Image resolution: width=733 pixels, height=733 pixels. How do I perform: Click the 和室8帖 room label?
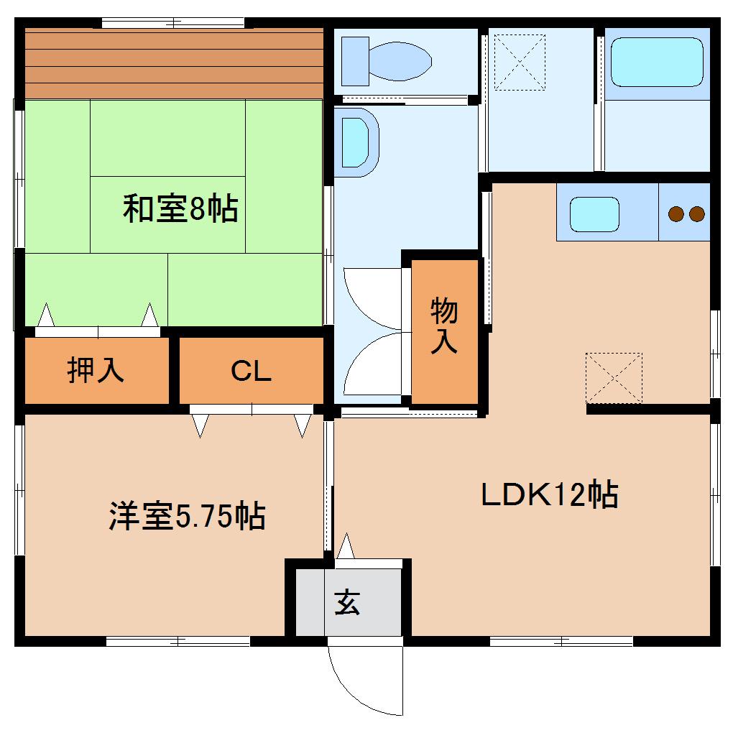180,210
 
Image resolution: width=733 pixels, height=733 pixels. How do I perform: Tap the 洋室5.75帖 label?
187,516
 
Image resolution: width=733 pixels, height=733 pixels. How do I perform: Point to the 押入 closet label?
96,369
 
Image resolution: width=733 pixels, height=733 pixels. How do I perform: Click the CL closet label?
251,371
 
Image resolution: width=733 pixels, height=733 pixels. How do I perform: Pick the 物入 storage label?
444,327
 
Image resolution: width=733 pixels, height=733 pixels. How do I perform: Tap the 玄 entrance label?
348,602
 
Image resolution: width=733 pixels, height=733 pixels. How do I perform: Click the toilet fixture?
388,61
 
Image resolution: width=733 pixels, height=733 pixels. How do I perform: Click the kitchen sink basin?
594,214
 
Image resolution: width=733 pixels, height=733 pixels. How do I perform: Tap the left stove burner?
676,213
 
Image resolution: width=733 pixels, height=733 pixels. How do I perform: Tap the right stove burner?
696,213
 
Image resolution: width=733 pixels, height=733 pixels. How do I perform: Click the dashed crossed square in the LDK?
613,378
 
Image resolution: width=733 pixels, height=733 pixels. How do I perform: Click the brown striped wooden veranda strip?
174,63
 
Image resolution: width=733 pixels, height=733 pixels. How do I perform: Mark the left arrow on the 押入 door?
47,315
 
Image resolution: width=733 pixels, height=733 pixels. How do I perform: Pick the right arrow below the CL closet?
302,426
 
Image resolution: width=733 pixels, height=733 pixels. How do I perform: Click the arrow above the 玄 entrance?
347,545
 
